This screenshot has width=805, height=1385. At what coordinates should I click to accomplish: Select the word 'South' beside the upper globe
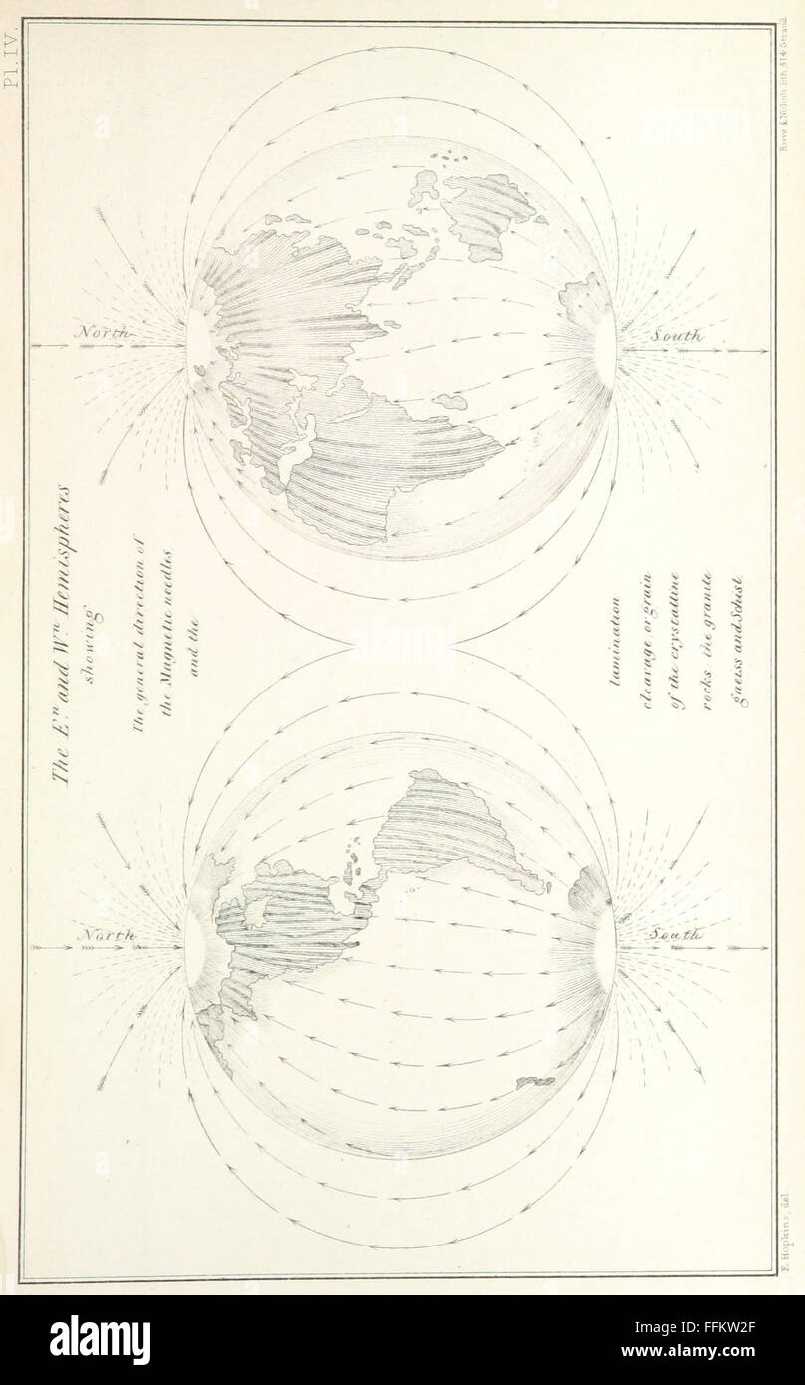coord(678,338)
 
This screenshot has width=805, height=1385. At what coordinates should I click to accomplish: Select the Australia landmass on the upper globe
coord(488,215)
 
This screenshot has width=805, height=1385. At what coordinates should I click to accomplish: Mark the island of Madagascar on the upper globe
coord(451,400)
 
